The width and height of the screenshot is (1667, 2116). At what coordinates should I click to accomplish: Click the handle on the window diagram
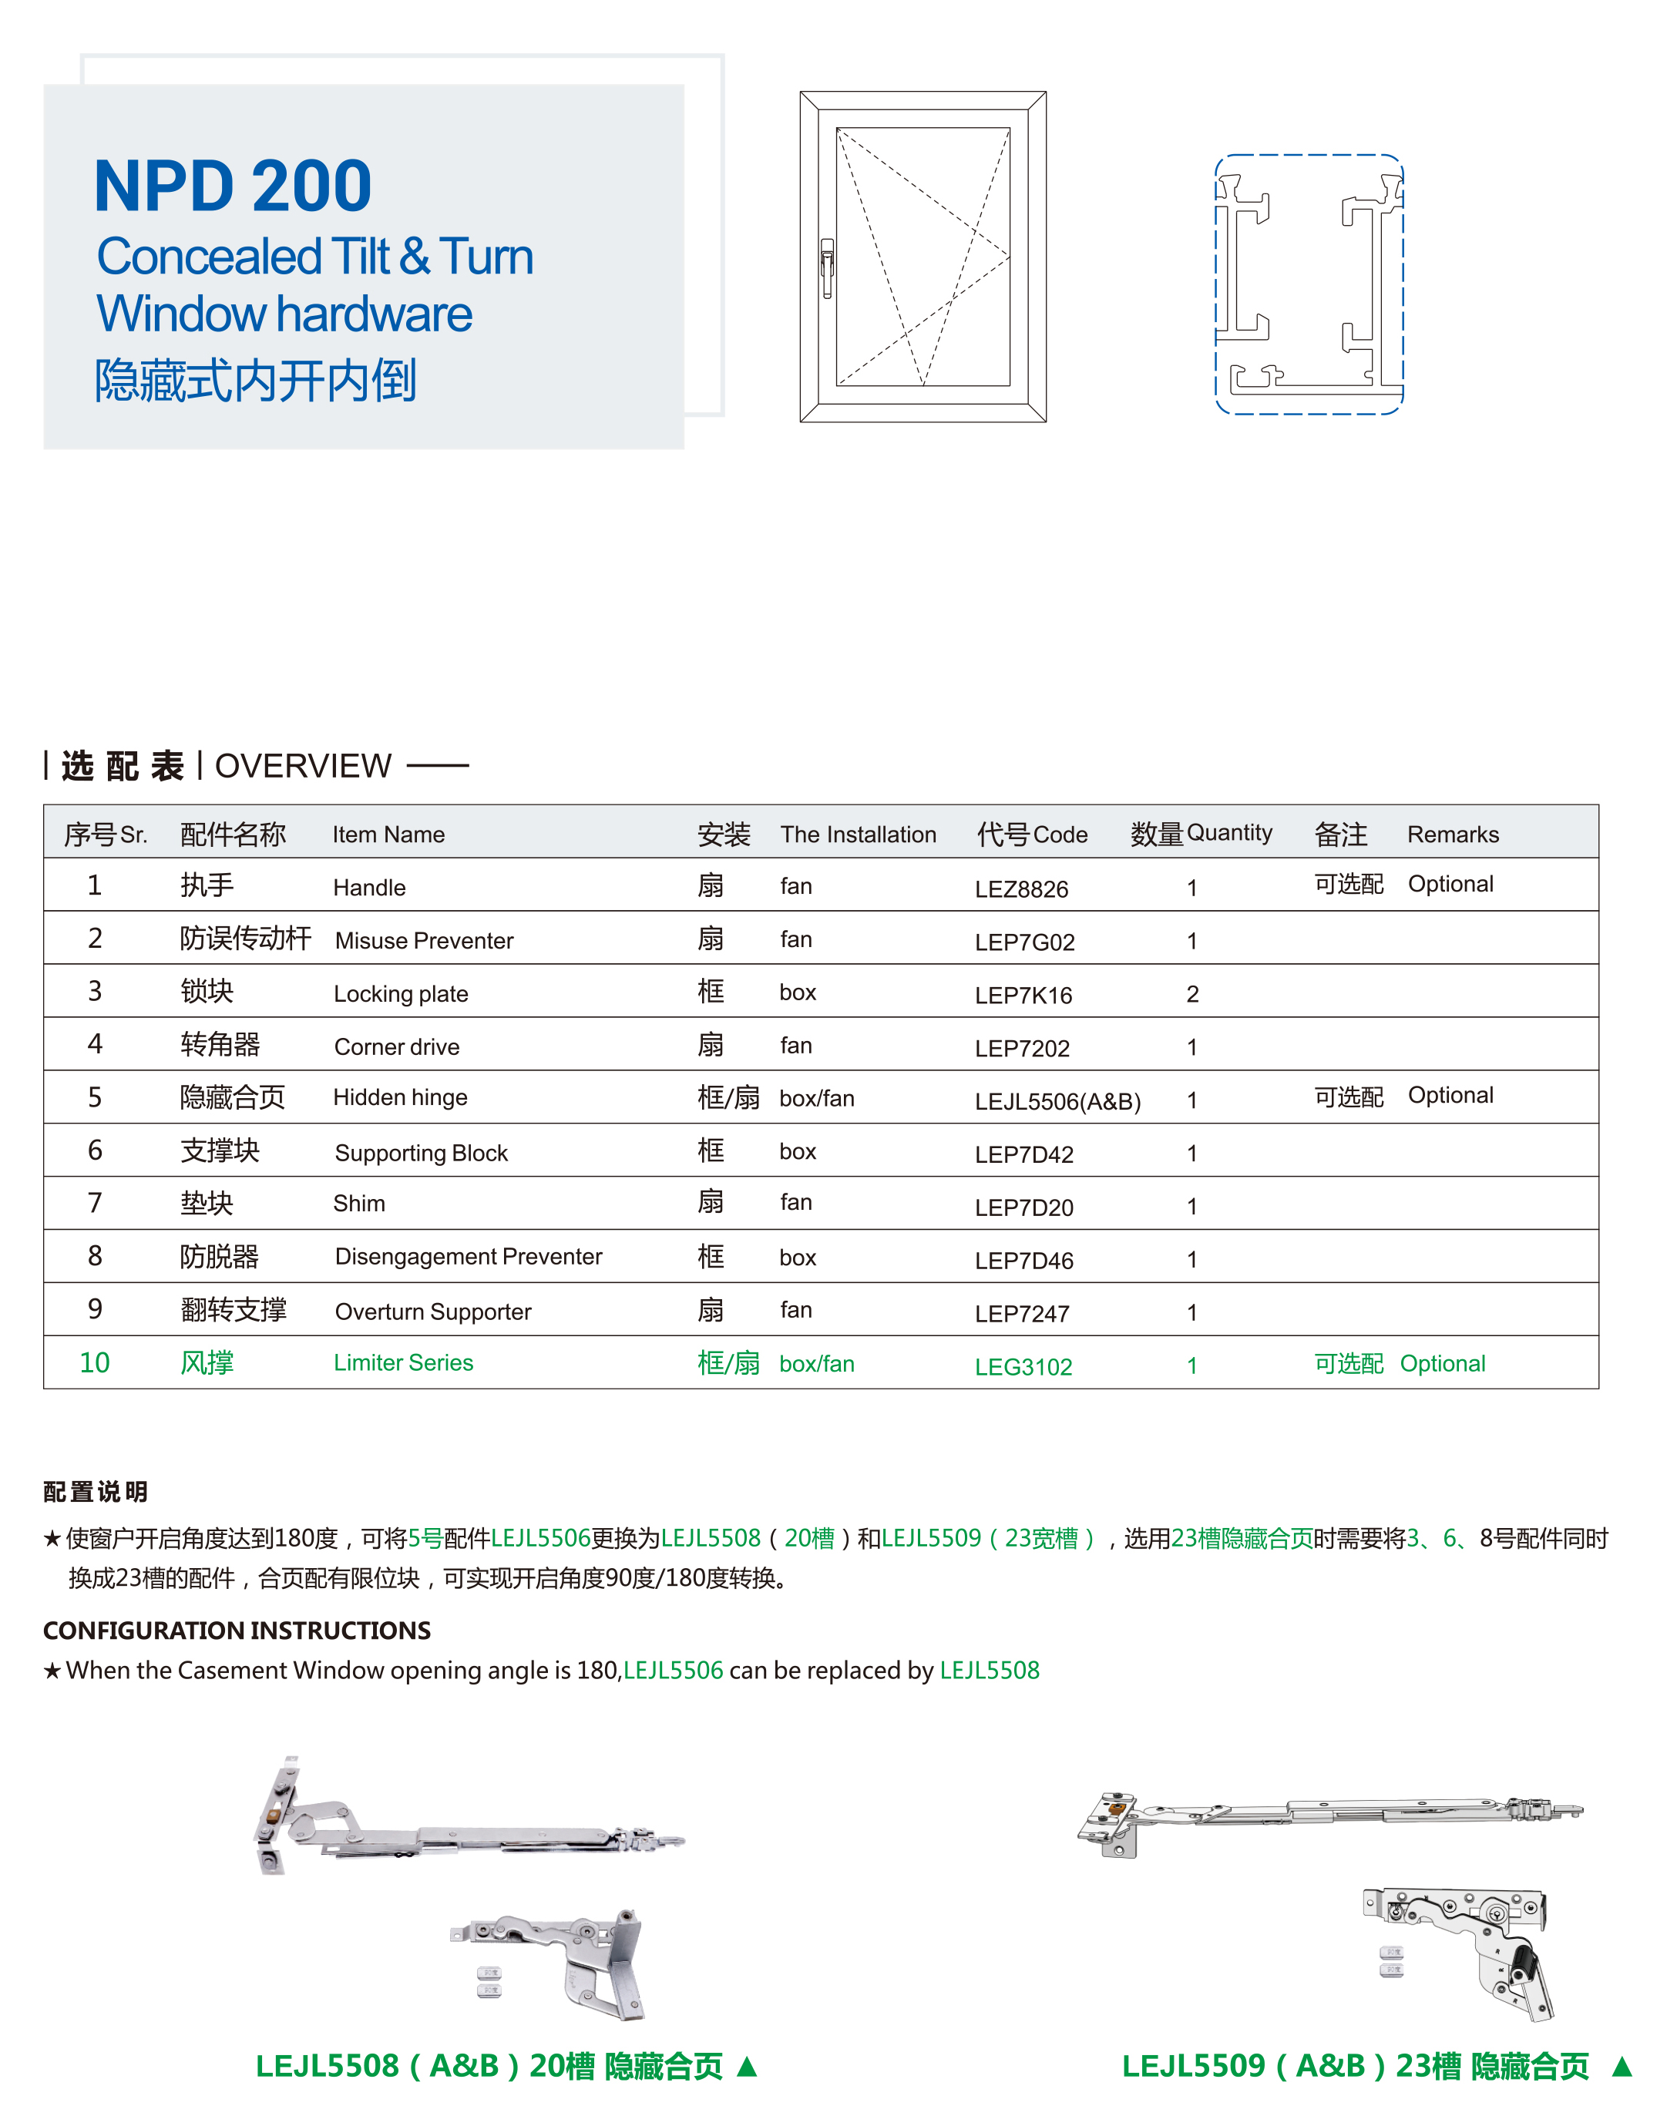tap(827, 267)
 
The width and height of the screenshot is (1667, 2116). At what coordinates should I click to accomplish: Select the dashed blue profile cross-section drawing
tap(1308, 284)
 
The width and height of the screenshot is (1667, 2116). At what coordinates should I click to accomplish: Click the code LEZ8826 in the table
tap(1021, 889)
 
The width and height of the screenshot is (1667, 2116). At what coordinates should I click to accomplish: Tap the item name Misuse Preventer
tap(424, 941)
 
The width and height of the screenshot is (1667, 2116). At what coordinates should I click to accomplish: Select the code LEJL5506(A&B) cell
tap(1057, 1102)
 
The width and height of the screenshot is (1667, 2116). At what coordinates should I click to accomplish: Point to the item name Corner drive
tap(396, 1047)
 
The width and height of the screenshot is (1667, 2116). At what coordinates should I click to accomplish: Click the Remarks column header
tap(1452, 835)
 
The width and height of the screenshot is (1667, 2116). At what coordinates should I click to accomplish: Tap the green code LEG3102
tap(1023, 1366)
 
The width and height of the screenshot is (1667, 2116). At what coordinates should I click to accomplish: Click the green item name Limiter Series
tap(403, 1362)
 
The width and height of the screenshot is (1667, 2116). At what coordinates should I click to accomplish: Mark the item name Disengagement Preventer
tap(468, 1257)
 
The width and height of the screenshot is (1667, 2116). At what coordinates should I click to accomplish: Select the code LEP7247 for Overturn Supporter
tap(1022, 1314)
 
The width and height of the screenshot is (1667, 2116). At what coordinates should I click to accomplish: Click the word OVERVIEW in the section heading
tap(303, 766)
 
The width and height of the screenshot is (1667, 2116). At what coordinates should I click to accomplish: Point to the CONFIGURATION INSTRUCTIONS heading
tap(237, 1631)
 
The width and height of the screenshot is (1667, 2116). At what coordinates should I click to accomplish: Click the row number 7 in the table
tap(95, 1204)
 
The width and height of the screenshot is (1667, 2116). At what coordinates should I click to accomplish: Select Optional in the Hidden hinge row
tap(1450, 1096)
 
